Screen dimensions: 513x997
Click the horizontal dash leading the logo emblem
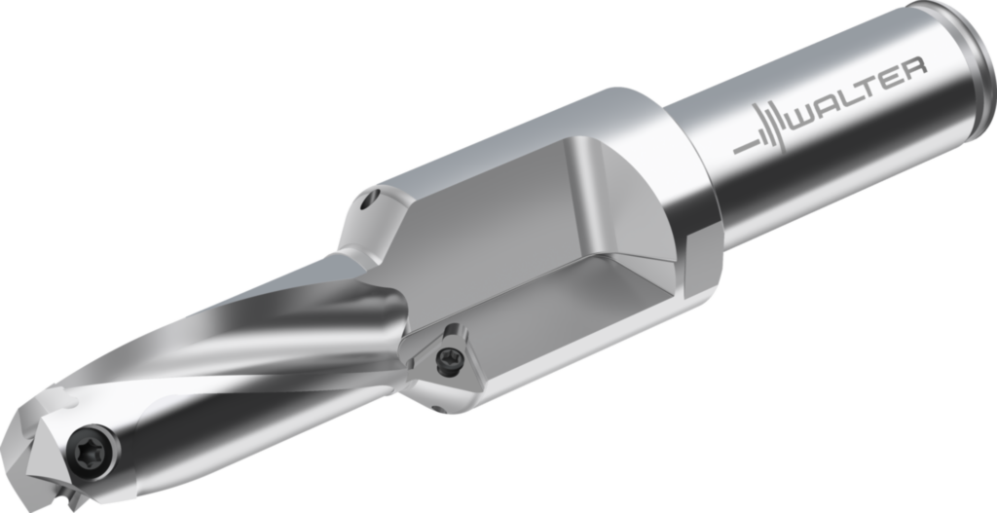click(x=745, y=145)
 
